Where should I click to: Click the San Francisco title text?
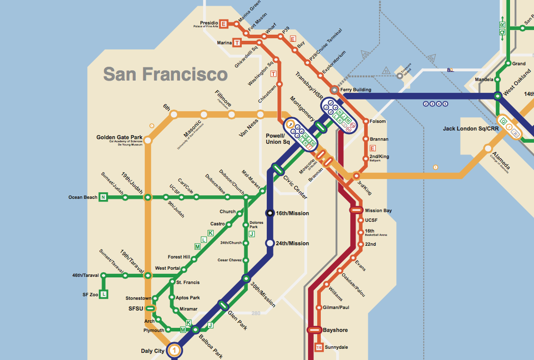click(x=165, y=74)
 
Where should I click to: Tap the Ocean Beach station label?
click(x=83, y=197)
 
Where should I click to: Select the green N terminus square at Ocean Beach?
click(x=103, y=197)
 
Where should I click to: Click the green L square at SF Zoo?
click(x=104, y=294)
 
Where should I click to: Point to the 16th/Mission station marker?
click(x=270, y=213)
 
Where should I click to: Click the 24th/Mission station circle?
click(x=270, y=243)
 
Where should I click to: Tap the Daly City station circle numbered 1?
click(x=175, y=350)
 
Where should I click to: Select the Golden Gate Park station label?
click(x=120, y=138)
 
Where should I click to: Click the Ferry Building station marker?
click(x=334, y=90)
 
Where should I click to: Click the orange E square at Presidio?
click(x=223, y=23)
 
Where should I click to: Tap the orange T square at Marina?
click(x=237, y=43)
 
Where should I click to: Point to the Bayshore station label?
click(x=335, y=330)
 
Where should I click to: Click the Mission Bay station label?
click(x=378, y=211)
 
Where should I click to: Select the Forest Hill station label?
click(x=179, y=257)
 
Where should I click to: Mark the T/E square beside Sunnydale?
click(x=319, y=348)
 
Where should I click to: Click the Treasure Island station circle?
click(x=399, y=75)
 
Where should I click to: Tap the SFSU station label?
click(x=136, y=308)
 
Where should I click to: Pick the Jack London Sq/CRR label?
click(x=471, y=128)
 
